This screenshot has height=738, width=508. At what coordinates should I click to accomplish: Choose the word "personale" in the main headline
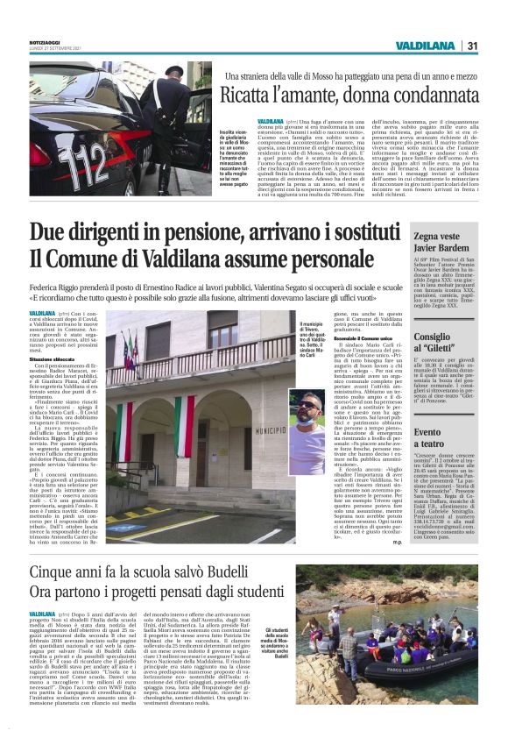(307, 259)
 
